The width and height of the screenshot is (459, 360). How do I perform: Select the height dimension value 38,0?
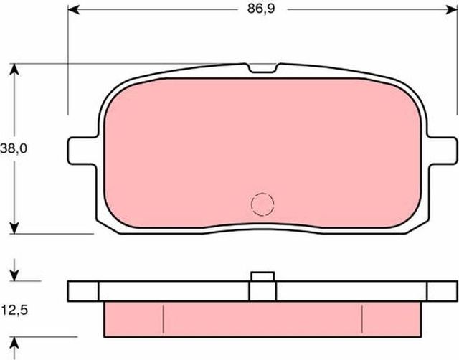14,148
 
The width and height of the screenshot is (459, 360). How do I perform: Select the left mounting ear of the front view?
80,148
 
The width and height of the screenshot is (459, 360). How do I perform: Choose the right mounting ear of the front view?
443,148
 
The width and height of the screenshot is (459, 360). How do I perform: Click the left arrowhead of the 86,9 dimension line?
74,11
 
